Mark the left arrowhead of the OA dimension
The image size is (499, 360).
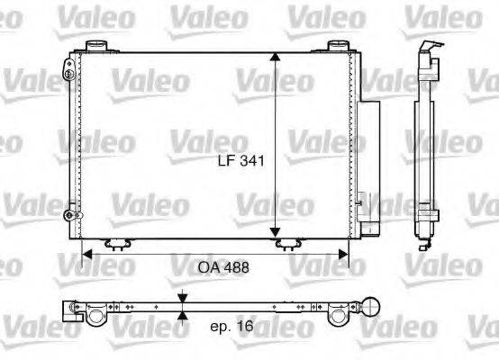point(87,254)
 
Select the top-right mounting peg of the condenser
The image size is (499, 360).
point(338,45)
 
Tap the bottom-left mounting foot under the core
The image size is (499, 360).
point(114,243)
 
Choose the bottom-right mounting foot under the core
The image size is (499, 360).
point(289,243)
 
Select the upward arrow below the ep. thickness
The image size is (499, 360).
point(183,315)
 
